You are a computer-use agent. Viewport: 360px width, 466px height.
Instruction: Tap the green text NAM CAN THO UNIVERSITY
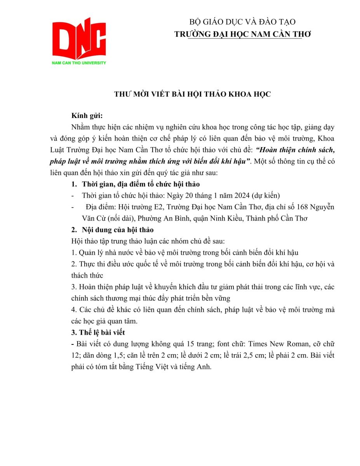click(79, 63)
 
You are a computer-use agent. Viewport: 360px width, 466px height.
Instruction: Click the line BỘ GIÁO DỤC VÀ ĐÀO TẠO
click(242, 22)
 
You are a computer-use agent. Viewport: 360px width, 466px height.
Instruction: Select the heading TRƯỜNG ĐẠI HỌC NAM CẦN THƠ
click(242, 34)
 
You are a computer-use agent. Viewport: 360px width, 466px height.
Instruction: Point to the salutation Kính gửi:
click(87, 116)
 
